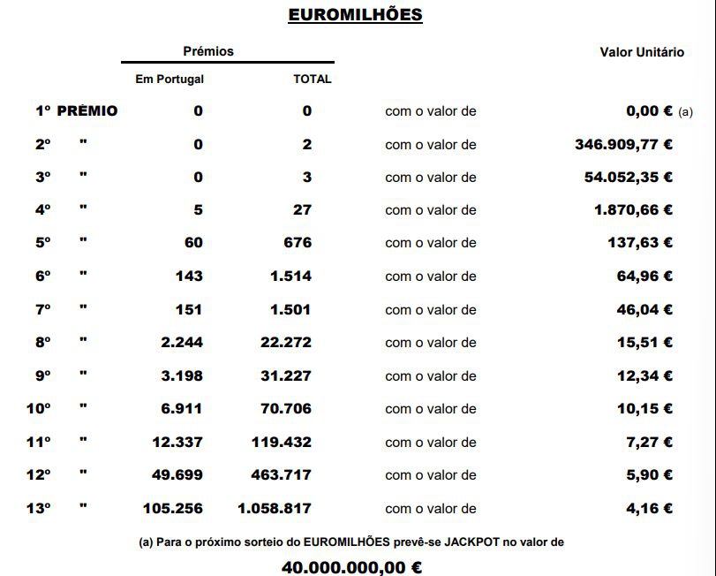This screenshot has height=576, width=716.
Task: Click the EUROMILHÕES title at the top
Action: [x=355, y=15]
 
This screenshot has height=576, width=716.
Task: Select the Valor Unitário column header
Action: [x=642, y=52]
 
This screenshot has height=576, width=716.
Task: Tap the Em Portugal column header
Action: [x=170, y=79]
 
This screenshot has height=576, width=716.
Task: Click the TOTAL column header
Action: [x=313, y=79]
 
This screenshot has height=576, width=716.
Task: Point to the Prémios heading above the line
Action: [x=208, y=51]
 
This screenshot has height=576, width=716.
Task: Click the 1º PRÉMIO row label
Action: [x=76, y=111]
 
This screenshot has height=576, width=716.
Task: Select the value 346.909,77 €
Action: [x=623, y=144]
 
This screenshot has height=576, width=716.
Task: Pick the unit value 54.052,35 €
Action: [x=628, y=177]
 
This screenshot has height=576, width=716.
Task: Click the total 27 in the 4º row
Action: [x=302, y=210]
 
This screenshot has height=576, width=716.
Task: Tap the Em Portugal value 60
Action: [x=193, y=243]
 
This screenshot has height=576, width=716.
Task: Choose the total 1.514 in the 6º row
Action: [x=291, y=277]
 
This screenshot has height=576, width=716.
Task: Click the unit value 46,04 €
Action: [x=644, y=309]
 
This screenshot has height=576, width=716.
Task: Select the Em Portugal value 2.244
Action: [x=182, y=343]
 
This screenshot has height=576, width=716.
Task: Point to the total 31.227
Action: [x=286, y=375]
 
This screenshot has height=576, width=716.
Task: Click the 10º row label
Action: [x=38, y=409]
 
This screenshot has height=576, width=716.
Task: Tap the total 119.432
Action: [x=282, y=442]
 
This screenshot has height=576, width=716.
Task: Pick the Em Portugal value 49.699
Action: [x=177, y=475]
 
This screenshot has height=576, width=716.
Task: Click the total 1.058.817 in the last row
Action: [x=274, y=508]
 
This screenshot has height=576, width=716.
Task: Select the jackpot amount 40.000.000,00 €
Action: [x=351, y=565]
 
